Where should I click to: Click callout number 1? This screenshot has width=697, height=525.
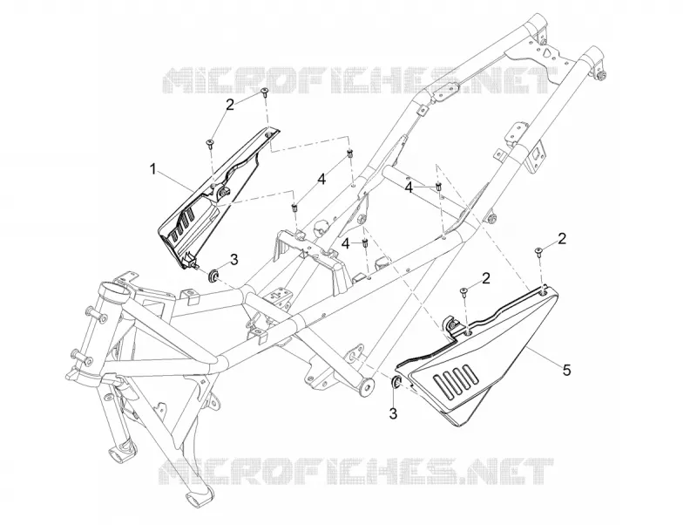(153, 169)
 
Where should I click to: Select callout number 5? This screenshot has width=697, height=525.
(566, 370)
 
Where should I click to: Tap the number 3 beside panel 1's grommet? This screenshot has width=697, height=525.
(233, 259)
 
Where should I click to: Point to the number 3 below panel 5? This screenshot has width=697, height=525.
(393, 413)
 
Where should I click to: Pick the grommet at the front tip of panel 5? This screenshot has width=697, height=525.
(396, 381)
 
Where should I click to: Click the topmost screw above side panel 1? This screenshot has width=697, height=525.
(265, 92)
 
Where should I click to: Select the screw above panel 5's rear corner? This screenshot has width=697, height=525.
(538, 251)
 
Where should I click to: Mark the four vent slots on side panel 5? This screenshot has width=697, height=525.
(457, 381)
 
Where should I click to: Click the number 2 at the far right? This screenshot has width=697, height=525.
(562, 239)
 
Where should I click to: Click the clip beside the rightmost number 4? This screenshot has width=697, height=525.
(438, 186)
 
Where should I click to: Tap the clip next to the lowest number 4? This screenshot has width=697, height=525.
(365, 243)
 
